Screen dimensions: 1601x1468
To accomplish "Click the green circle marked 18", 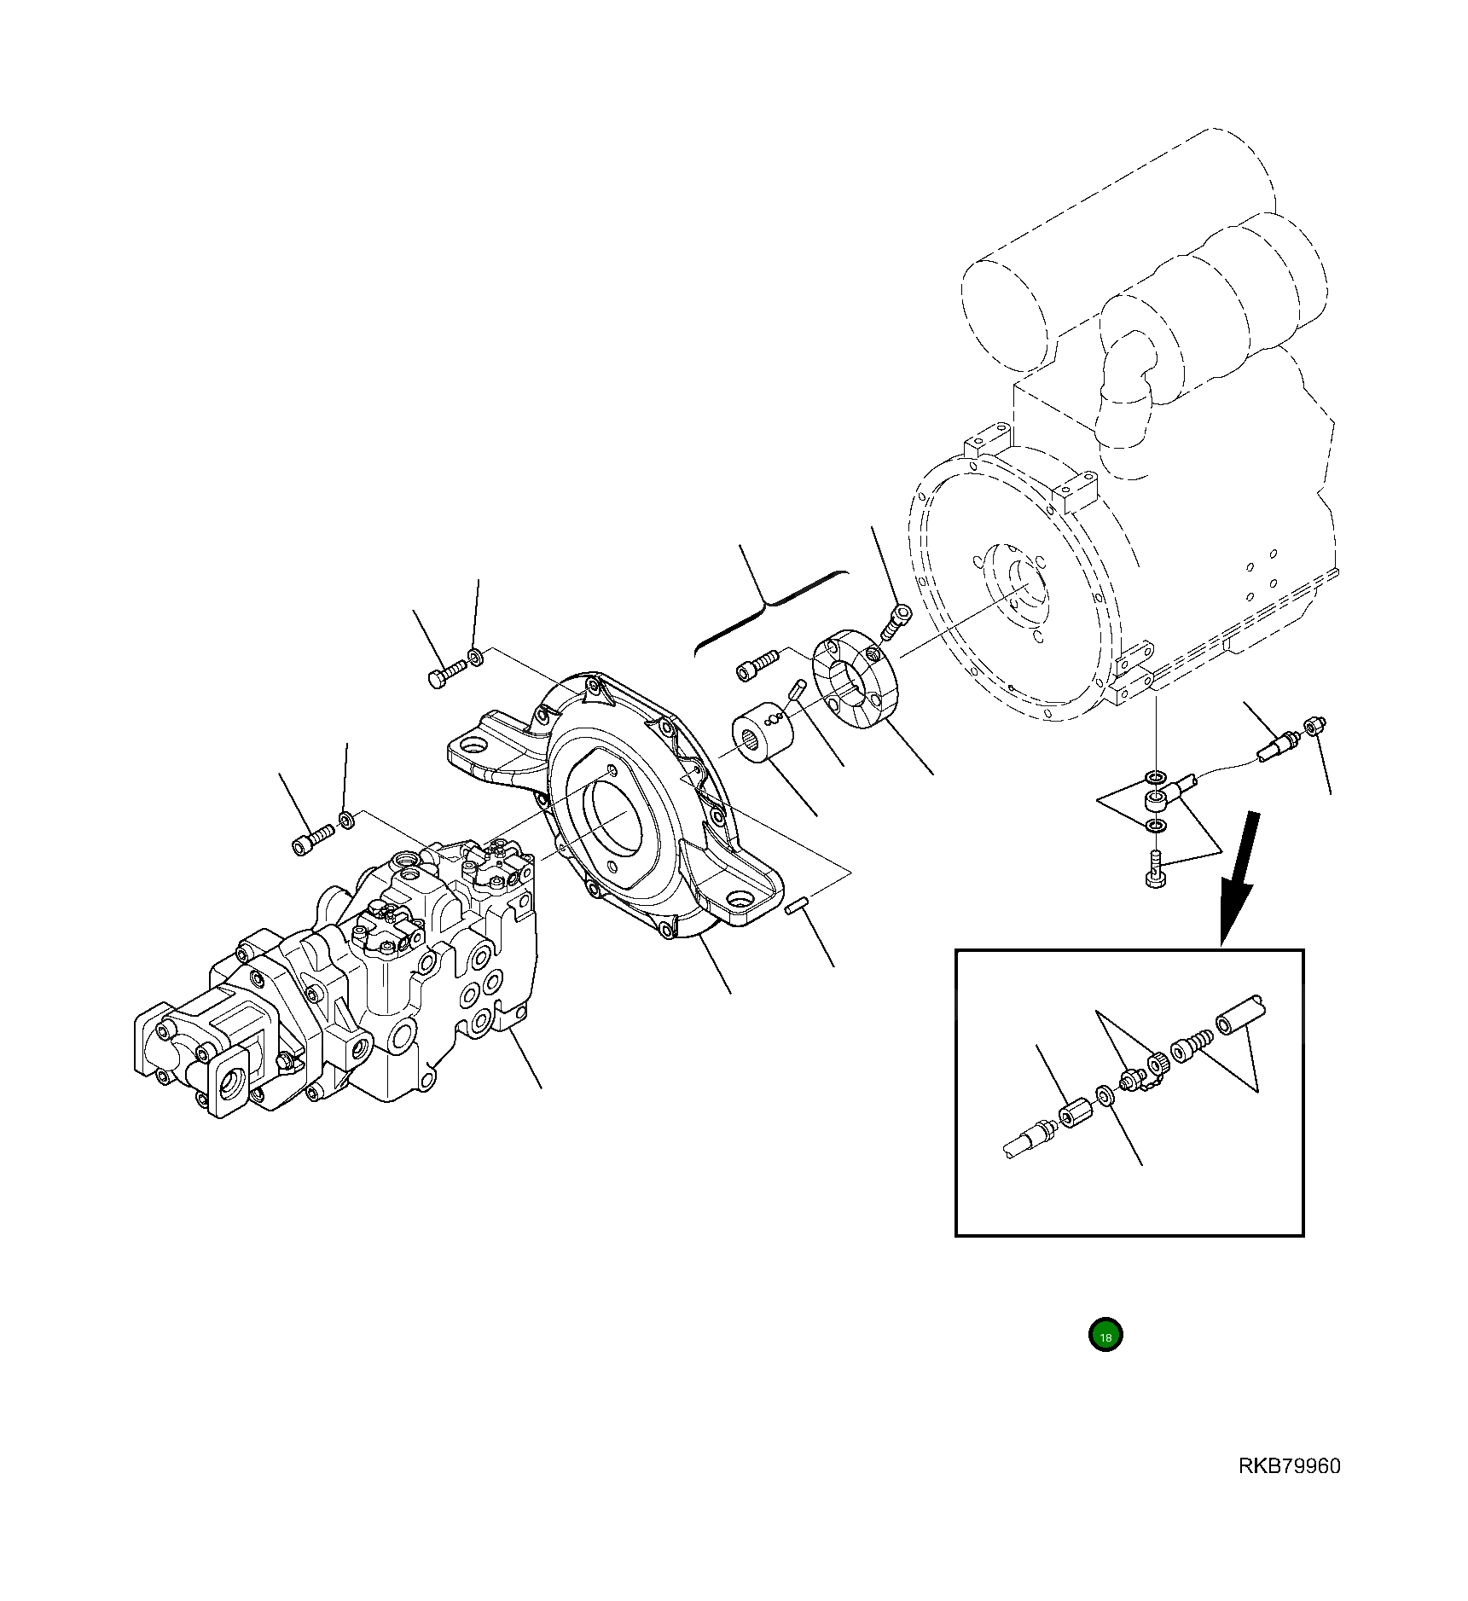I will pos(1105,1335).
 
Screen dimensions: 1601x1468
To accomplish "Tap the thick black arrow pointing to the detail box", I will pos(1240,879).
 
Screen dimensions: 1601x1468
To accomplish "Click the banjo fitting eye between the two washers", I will pos(1157,799).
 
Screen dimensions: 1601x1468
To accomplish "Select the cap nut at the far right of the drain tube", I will pos(1314,727).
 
